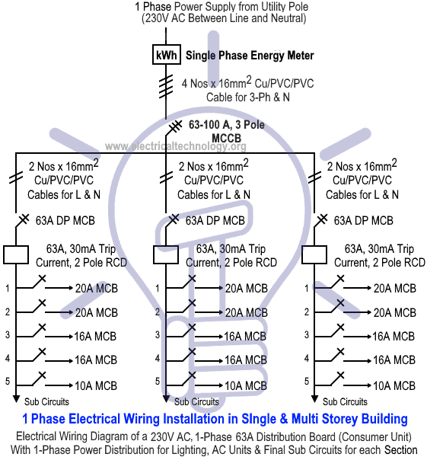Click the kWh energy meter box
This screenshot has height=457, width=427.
tap(167, 55)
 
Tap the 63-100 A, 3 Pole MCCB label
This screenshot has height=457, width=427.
tap(227, 131)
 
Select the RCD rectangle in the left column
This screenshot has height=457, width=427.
tap(16, 254)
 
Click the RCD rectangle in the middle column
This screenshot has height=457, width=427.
tap(166, 254)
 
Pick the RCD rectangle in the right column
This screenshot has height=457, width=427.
tap(314, 254)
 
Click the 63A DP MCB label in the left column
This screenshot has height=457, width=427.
tap(65, 221)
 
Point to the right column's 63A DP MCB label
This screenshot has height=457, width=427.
tap(364, 221)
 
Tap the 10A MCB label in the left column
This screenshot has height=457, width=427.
tap(96, 386)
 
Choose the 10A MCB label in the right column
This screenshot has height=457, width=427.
tap(394, 386)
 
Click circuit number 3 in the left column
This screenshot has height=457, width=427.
tap(8, 334)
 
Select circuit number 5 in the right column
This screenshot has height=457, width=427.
tap(307, 382)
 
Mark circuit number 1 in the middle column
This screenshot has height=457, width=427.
tap(158, 289)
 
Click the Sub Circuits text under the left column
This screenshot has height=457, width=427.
tap(46, 401)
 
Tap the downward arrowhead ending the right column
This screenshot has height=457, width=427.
tap(314, 399)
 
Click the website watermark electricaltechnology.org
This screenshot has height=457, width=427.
tap(176, 145)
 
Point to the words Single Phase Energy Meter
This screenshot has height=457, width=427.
tap(250, 56)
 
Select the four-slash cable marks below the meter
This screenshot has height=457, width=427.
tap(166, 87)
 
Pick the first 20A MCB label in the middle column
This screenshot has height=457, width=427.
tap(247, 289)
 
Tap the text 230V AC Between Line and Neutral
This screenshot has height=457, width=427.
tap(224, 18)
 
